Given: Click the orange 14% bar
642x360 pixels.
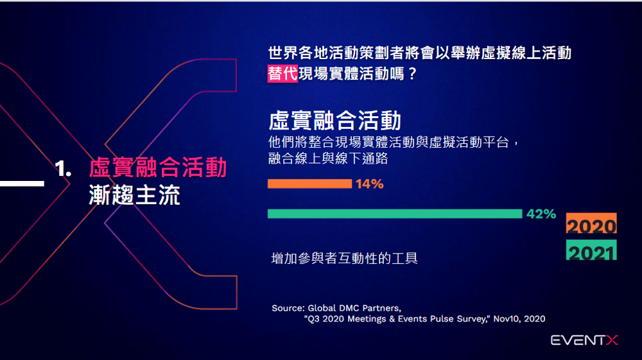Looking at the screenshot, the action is click(309, 184).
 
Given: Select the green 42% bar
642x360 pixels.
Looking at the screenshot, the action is click(395, 214).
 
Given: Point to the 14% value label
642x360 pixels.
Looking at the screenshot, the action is click(369, 184).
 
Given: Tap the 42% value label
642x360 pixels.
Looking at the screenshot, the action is click(541, 214).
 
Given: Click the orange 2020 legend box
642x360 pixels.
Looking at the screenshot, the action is click(591, 223).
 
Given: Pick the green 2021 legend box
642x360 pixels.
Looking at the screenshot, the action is click(591, 250).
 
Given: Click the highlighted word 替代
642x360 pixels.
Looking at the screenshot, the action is click(282, 74).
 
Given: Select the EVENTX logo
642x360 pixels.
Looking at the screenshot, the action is click(584, 340).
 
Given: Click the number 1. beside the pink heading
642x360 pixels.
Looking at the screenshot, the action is click(63, 169).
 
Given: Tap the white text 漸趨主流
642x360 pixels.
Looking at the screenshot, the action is click(135, 195).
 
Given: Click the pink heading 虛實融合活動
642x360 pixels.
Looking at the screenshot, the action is click(158, 167).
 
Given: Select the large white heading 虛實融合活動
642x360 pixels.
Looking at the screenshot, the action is click(334, 121).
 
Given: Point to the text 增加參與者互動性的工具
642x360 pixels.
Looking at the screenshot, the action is click(344, 259).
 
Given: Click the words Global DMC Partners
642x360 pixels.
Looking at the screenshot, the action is click(354, 308).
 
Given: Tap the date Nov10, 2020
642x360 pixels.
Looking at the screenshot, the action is click(519, 319).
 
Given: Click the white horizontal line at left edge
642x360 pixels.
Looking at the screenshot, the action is click(22, 184).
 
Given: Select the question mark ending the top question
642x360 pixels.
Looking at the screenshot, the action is click(412, 74).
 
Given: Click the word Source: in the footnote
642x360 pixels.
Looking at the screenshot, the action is click(288, 308).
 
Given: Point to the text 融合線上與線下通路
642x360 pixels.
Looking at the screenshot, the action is click(328, 159).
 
